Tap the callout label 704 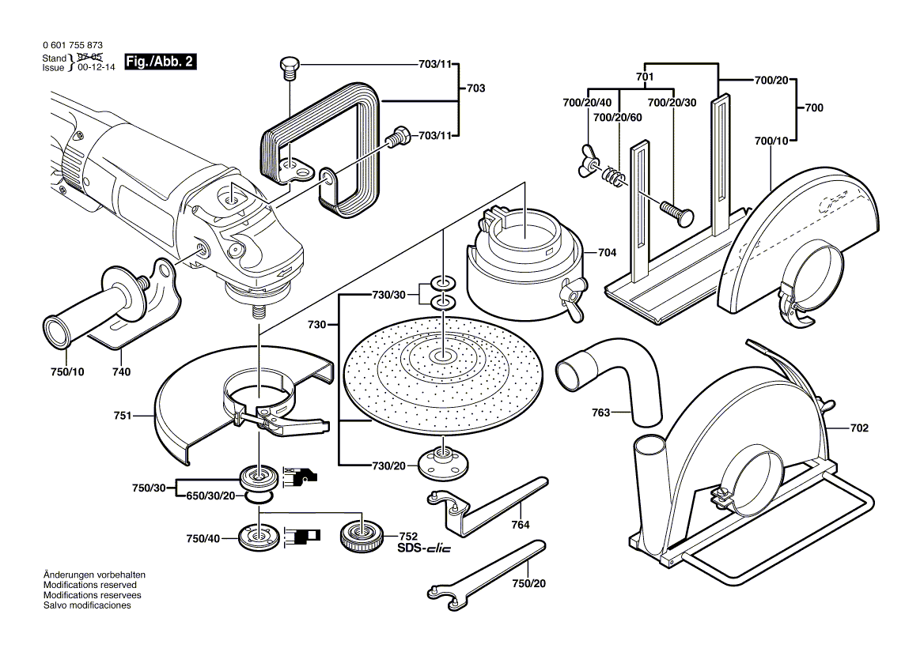[607, 253]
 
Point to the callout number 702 [859, 428]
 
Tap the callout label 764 [520, 524]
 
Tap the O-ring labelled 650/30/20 [258, 496]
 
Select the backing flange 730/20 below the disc [441, 462]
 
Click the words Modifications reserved [84, 585]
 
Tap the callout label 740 [121, 371]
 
